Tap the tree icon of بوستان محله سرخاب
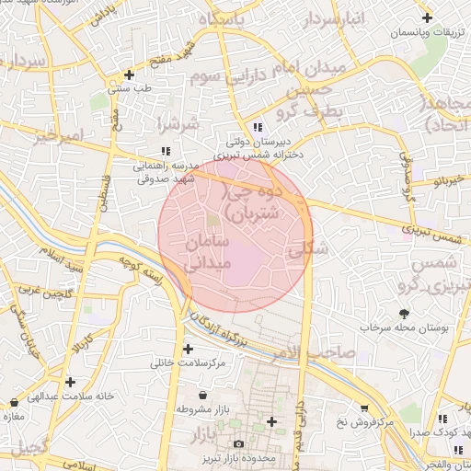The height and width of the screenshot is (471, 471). point(403,314)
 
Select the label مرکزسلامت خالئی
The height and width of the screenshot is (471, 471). point(189,363)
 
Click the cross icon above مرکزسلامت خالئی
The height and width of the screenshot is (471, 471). point(189,350)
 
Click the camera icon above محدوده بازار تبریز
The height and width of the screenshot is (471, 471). point(239,444)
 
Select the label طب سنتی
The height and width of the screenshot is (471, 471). point(129,89)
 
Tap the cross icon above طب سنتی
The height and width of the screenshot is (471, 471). point(129,75)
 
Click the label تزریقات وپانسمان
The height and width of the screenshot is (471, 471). point(427,32)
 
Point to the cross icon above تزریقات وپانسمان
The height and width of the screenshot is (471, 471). point(427,18)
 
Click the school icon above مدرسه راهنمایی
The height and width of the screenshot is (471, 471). point(165,151)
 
